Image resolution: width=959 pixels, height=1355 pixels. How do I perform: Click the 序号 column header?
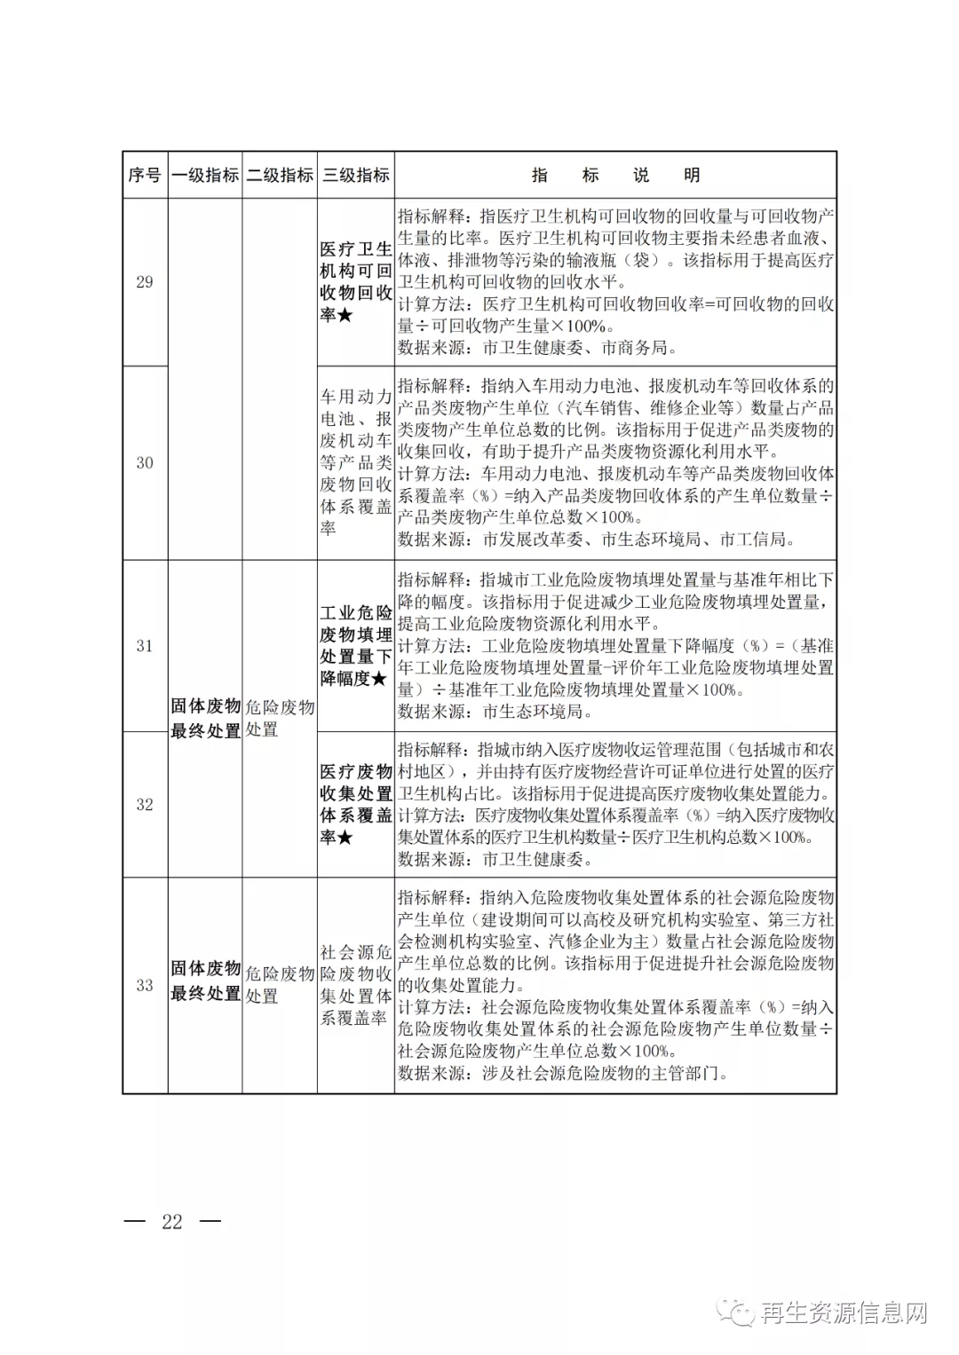[145, 175]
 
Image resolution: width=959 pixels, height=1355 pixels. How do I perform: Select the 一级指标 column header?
[205, 175]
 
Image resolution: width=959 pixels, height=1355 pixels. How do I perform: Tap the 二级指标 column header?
[280, 175]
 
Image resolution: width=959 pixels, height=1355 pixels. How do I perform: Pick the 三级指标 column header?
[356, 175]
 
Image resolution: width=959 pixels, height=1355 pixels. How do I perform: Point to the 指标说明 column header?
[615, 175]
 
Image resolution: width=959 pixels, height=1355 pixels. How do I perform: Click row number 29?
[145, 282]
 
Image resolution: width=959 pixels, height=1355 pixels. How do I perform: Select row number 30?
[145, 462]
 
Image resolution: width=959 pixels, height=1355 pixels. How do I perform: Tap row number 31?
[145, 646]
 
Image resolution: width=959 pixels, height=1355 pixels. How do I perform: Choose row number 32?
[145, 805]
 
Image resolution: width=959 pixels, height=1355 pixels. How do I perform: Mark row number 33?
[145, 985]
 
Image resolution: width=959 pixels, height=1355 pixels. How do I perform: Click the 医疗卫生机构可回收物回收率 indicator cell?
[356, 282]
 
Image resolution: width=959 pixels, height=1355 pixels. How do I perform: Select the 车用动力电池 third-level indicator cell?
[356, 462]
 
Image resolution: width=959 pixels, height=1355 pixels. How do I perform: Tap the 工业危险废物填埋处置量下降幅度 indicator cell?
[356, 646]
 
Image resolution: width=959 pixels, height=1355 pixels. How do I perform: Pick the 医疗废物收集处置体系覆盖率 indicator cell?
[356, 805]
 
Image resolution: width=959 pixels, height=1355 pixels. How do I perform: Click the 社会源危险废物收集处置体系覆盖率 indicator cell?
[356, 985]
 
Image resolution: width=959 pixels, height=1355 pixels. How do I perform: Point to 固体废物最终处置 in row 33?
[205, 981]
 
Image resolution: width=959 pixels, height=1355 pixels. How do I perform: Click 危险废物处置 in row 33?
[280, 985]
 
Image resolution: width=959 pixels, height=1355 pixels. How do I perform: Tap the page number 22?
[172, 1222]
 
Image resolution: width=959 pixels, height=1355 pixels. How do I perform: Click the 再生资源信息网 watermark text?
[844, 1312]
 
